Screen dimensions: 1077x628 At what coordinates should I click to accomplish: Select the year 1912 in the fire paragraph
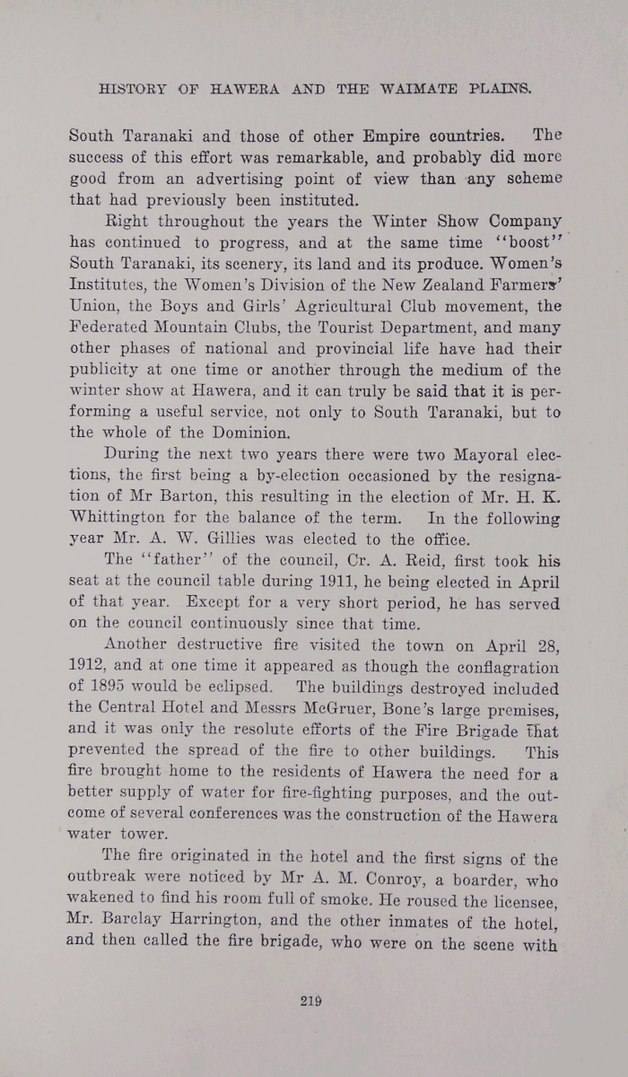click(89, 668)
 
